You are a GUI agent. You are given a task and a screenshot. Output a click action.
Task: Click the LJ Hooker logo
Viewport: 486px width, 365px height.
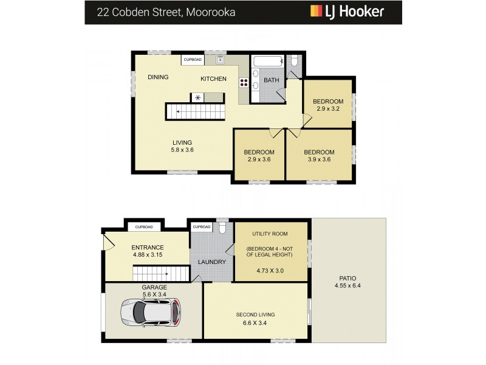[347, 12]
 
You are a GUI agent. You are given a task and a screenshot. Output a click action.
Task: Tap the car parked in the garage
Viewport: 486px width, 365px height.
[150, 312]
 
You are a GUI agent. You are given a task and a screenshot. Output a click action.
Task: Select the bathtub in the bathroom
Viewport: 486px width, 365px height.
[267, 61]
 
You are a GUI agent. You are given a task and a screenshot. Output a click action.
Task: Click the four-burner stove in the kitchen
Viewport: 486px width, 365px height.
[244, 84]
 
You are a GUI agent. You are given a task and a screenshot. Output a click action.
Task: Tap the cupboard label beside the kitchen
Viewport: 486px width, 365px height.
[193, 60]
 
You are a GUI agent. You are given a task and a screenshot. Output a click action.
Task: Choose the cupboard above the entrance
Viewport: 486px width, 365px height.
[143, 227]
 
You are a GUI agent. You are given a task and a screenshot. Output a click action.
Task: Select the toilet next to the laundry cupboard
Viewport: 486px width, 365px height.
[223, 228]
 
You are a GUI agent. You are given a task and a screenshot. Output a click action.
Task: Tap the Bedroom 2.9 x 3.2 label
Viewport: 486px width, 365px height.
[328, 105]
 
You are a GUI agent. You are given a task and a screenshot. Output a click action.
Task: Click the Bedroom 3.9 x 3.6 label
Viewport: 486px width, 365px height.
[320, 156]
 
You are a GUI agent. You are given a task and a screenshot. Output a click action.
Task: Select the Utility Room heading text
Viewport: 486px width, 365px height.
[270, 234]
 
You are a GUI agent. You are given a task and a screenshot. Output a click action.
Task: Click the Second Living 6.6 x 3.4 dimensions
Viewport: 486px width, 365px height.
[255, 323]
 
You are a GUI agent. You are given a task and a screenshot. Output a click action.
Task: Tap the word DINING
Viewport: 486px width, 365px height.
[158, 77]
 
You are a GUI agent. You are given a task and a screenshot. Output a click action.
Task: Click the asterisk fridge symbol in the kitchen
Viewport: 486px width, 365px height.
[199, 97]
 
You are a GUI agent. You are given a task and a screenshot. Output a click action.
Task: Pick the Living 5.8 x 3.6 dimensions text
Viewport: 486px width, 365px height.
[182, 150]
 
